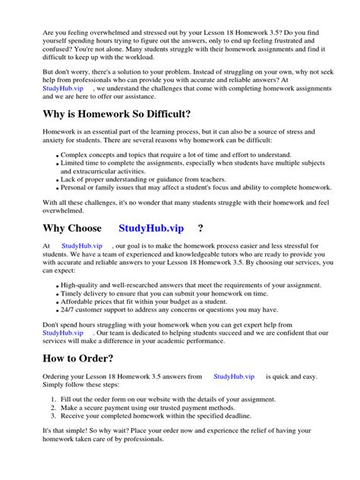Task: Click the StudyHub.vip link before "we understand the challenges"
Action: pyautogui.click(x=65, y=89)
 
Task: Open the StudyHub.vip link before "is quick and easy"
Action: pyautogui.click(x=234, y=376)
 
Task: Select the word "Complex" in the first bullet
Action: pyautogui.click(x=75, y=155)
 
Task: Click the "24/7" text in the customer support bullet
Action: pyautogui.click(x=69, y=310)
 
